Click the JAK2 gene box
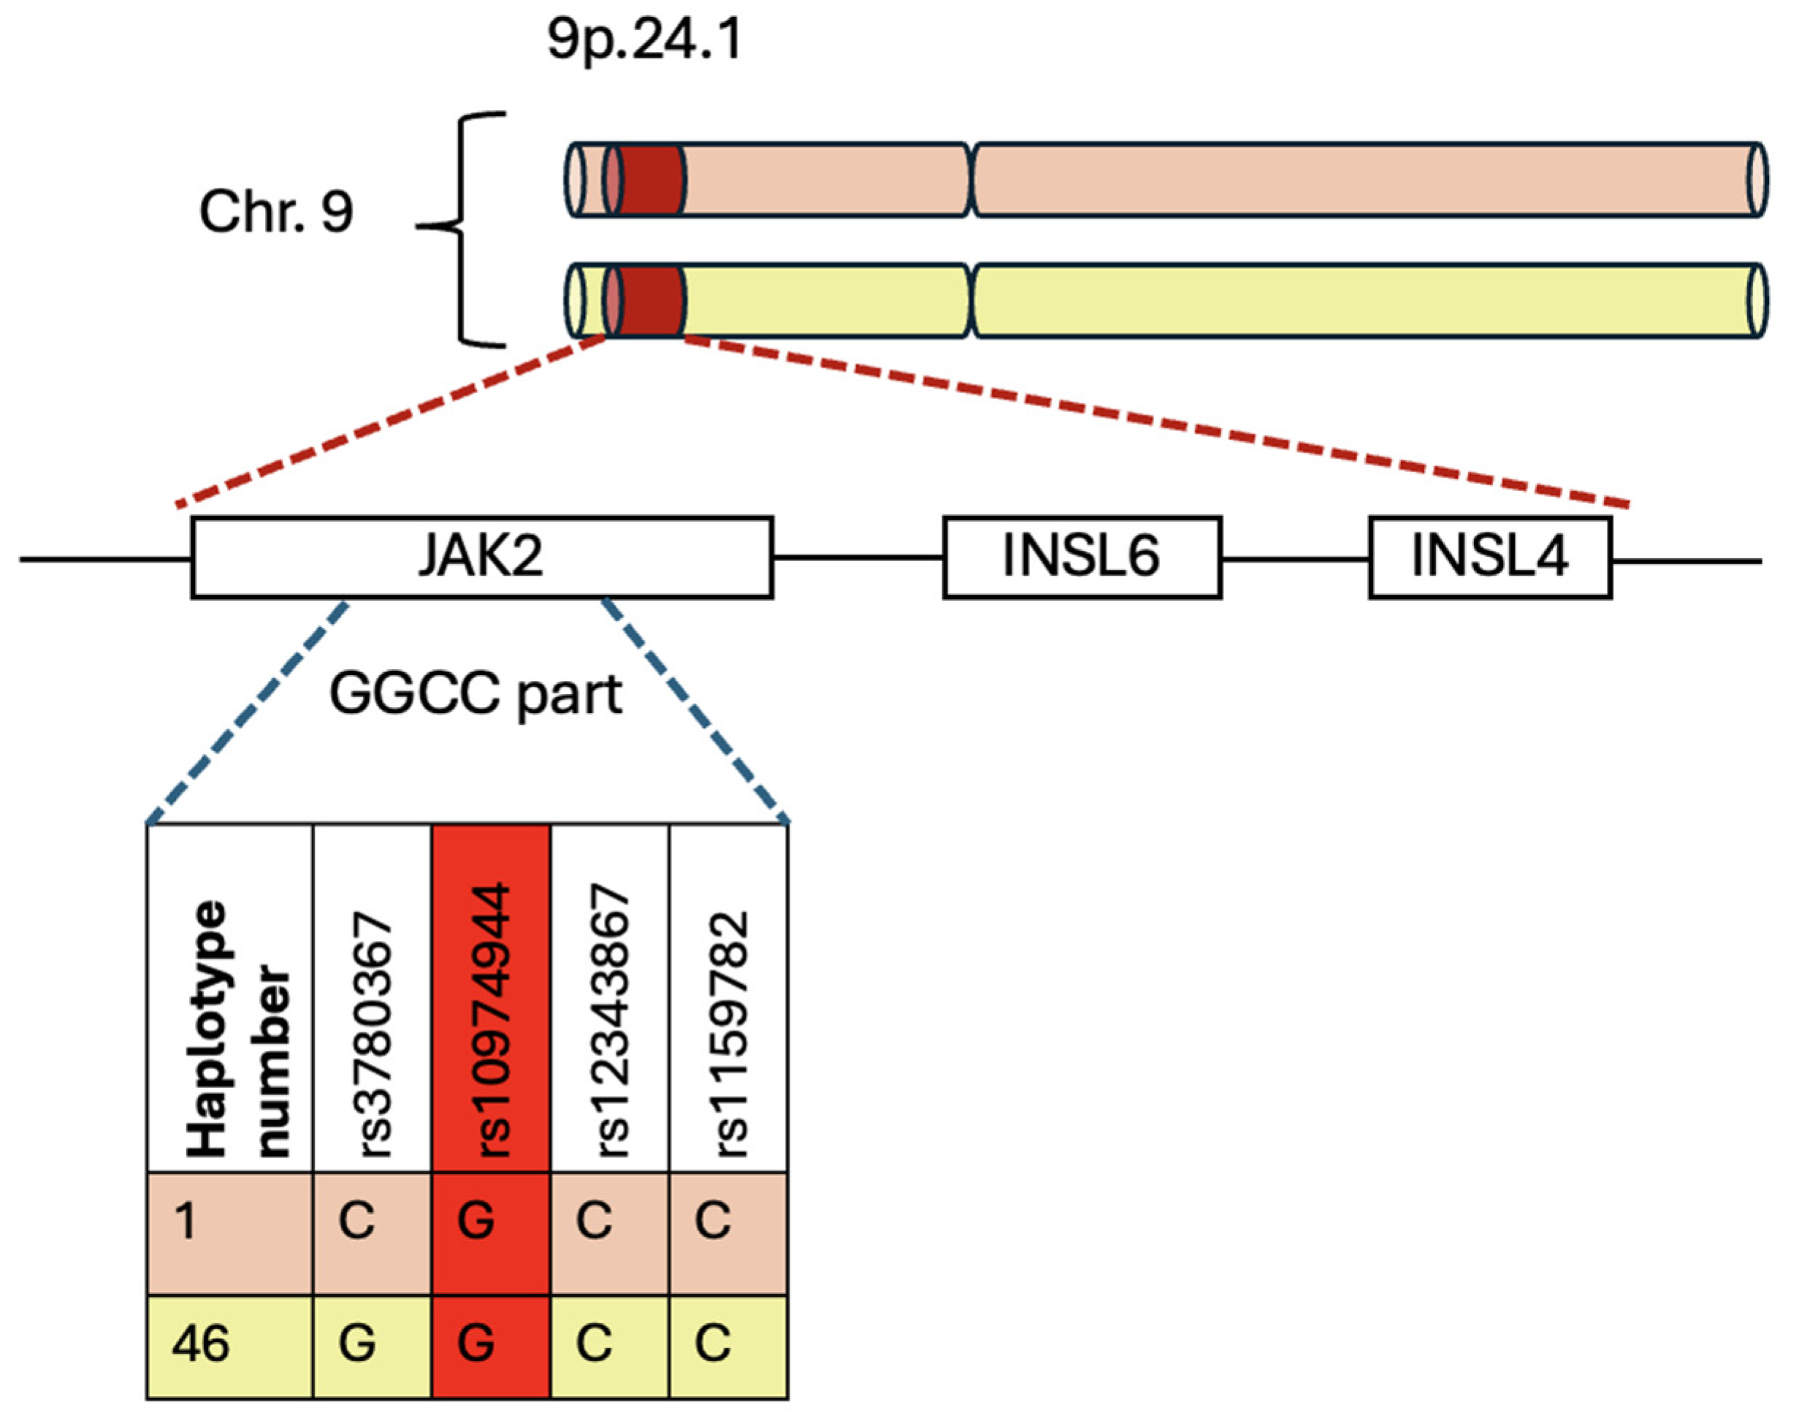coord(482,557)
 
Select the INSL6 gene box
coord(1081,557)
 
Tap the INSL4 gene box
coord(1489,557)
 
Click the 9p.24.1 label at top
coord(643,39)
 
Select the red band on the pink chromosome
coord(650,180)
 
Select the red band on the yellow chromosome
coord(650,301)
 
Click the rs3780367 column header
coord(373,1034)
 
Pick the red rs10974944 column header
coord(491,1021)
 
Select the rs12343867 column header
coord(610,1021)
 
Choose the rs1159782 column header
coord(728,1034)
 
